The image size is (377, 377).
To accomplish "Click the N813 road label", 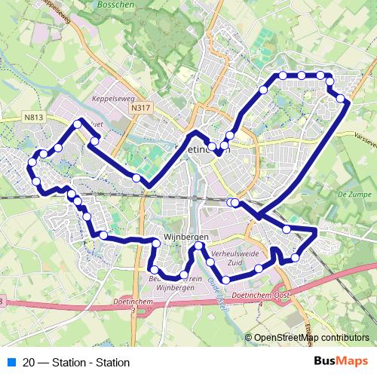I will [32, 118].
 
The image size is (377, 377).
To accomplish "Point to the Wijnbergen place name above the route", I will [181, 236].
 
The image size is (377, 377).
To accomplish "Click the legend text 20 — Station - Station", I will [71, 362].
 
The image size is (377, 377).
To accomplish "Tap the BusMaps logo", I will [342, 361].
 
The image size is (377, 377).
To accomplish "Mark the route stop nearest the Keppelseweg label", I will [94, 140].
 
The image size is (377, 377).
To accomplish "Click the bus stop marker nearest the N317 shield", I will [136, 178].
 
